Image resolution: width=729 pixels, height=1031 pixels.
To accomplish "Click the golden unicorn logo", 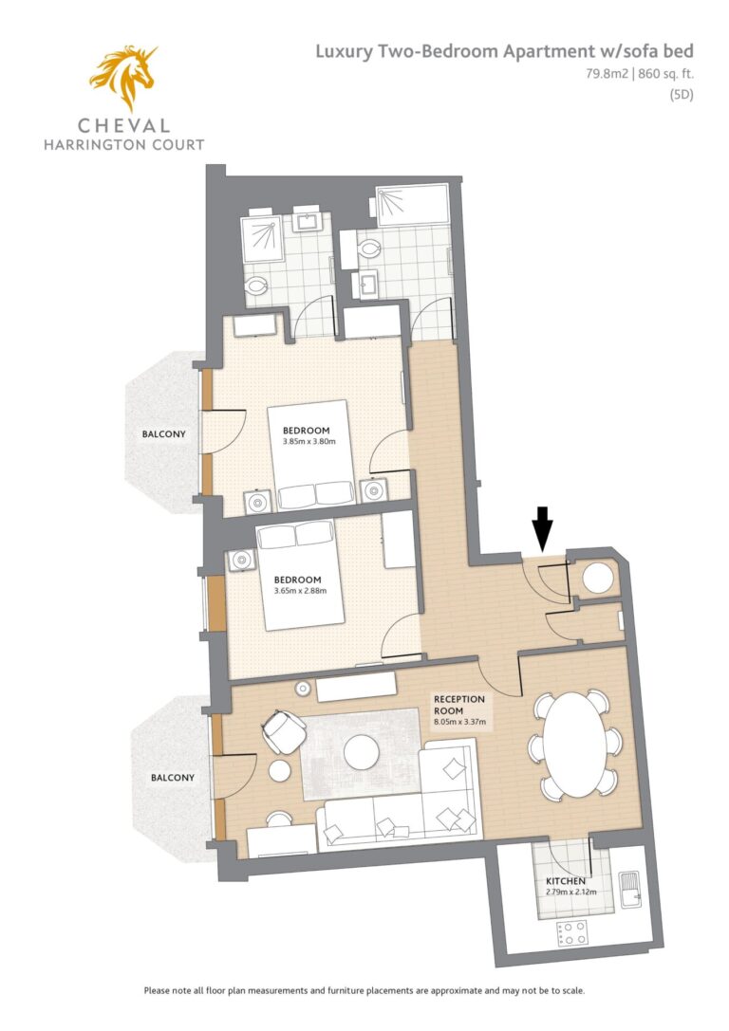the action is tap(123, 76).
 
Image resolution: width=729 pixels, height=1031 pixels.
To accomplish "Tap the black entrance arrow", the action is tap(542, 527).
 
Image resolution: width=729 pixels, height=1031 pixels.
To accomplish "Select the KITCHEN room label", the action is tap(565, 881).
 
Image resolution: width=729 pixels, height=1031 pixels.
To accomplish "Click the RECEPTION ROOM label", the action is tap(458, 705).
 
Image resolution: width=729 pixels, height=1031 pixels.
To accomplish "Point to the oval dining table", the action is tap(575, 745).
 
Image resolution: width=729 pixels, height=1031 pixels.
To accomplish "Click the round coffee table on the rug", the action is tap(362, 751).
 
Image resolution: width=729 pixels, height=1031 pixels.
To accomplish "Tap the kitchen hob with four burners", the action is tap(571, 933).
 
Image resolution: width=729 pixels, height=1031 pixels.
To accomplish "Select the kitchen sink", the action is tap(629, 889).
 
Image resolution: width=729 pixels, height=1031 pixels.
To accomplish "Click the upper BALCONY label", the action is tap(164, 434).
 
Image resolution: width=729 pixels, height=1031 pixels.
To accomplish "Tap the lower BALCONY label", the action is tap(173, 777).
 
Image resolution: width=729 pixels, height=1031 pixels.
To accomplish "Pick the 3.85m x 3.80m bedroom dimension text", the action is tap(308, 442).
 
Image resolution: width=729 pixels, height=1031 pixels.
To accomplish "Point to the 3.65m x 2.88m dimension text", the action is tap(300, 591).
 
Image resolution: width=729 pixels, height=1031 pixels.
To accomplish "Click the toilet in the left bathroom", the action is tap(255, 286).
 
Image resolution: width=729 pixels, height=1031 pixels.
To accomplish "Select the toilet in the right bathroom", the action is tap(369, 249).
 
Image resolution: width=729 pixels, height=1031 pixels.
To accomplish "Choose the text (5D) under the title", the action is tap(682, 94).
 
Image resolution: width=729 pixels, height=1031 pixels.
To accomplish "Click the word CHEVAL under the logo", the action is tap(123, 125).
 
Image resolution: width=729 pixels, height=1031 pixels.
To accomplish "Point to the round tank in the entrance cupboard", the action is tap(598, 578).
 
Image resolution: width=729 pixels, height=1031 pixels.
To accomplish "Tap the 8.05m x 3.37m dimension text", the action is tap(459, 722).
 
